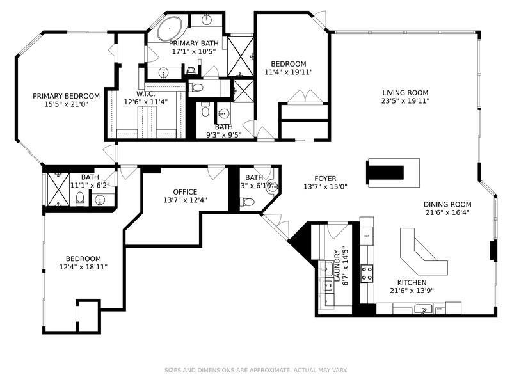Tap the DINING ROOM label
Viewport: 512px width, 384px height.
tap(447, 204)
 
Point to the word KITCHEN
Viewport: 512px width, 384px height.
tap(412, 282)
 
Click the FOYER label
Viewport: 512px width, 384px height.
tap(325, 179)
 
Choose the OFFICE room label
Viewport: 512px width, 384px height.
tap(185, 191)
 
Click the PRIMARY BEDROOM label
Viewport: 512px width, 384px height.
tap(67, 96)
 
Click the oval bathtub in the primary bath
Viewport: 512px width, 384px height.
tap(169, 29)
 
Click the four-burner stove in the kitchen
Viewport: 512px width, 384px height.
tap(368, 273)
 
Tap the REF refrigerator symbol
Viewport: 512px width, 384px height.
tap(367, 236)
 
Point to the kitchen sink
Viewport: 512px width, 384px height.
tap(423, 310)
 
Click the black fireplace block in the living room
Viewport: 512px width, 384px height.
tap(384, 171)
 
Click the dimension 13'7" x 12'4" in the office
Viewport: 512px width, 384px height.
tap(185, 200)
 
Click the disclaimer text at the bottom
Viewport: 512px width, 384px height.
tap(256, 370)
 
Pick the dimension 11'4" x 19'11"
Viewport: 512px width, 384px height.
tap(288, 72)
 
